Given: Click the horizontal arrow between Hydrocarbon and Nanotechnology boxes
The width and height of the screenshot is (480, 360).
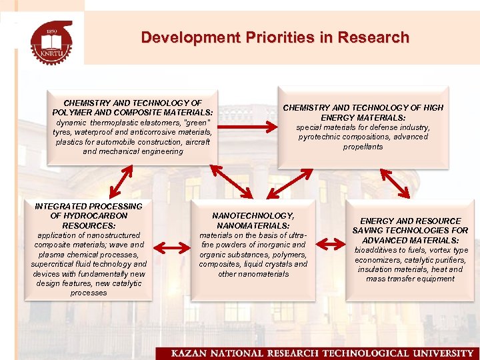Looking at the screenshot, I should (175, 249).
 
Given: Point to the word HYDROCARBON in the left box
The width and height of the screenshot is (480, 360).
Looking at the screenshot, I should (89, 216).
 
